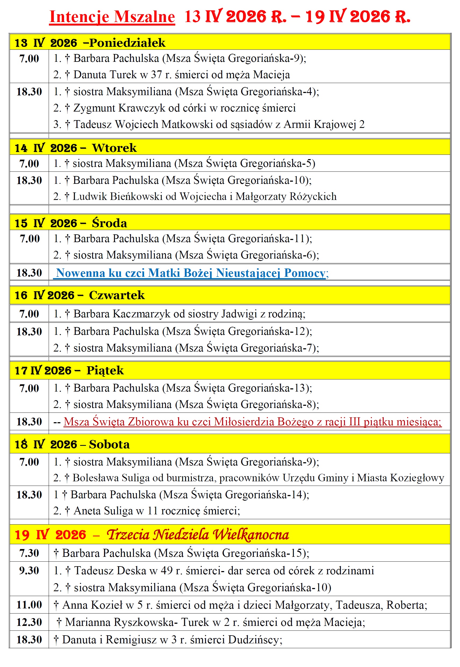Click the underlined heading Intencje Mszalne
pos(112,17)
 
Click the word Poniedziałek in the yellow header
pos(127,43)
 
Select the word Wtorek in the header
pos(114,148)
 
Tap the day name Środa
pos(109,223)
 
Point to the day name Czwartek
pos(117,295)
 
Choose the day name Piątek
pos(105,371)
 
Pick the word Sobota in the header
pos(109,444)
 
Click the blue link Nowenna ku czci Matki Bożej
pos(191,273)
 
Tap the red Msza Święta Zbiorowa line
pos(252,422)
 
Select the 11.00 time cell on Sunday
pos(29,605)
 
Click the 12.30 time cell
pos(29,622)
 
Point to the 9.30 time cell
pos(29,571)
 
